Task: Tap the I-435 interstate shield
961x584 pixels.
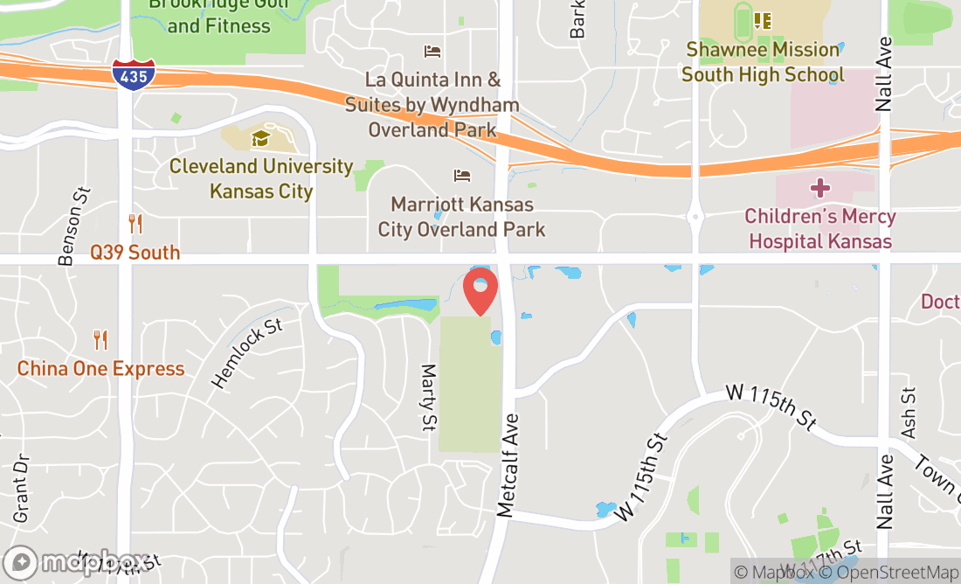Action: [x=135, y=74]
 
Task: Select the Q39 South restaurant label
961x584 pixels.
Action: [x=135, y=253]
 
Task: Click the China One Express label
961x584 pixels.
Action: [x=101, y=369]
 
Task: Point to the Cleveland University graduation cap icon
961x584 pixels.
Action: [x=259, y=138]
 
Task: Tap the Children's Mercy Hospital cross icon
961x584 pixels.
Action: [x=819, y=187]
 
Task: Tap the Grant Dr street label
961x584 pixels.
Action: [x=21, y=488]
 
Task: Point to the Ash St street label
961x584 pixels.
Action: [x=909, y=414]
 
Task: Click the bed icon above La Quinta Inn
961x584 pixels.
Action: [x=432, y=52]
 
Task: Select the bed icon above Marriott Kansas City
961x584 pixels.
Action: [x=462, y=176]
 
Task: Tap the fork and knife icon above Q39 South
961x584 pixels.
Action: [x=135, y=224]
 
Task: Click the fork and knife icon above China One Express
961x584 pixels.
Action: [x=100, y=340]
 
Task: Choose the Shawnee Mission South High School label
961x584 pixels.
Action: [x=763, y=62]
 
